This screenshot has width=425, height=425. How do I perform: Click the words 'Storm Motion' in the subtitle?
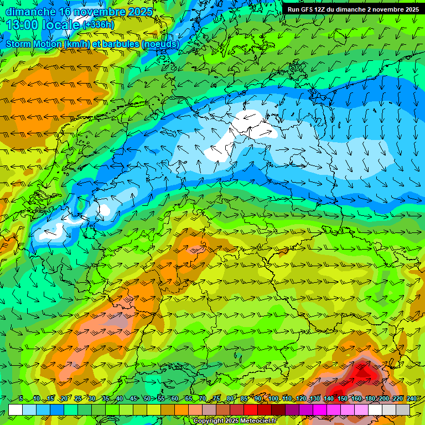[33, 44]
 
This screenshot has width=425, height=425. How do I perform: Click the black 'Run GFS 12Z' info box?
[353, 9]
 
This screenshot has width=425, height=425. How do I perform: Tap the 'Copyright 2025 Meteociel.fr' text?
[235, 421]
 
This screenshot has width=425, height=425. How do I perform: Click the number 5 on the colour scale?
[21, 399]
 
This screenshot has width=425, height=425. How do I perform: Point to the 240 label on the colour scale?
[411, 399]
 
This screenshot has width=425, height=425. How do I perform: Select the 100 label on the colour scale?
[273, 399]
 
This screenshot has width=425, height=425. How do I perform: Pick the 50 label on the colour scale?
[147, 399]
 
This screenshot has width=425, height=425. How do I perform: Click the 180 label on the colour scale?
[370, 399]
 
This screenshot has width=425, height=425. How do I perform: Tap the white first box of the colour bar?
[15, 410]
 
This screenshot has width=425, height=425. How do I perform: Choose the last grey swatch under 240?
[403, 410]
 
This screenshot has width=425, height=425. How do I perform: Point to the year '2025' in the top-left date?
[139, 11]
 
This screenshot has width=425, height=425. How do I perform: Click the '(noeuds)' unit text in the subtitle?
[160, 44]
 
